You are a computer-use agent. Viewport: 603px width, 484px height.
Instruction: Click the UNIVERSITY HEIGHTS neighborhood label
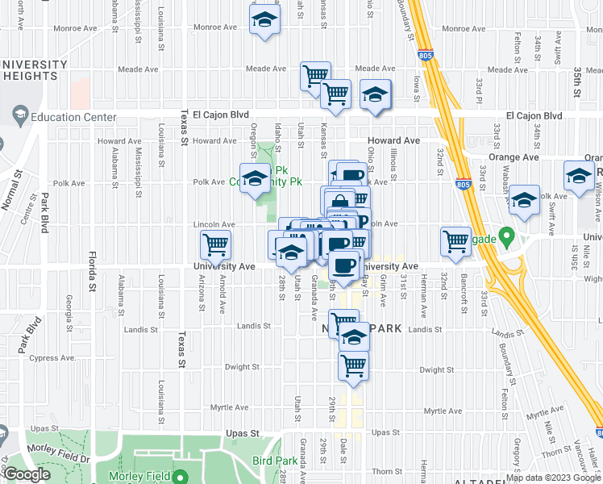coord(34,70)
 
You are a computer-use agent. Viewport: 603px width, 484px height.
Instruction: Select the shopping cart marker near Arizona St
coord(215,244)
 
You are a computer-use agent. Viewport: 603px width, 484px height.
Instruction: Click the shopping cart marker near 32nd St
coord(456,241)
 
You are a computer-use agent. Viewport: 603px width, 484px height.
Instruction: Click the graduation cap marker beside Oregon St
coord(256,178)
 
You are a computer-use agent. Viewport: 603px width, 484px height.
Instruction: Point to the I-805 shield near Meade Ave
coord(426,56)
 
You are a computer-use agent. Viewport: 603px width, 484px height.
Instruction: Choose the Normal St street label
coord(16,191)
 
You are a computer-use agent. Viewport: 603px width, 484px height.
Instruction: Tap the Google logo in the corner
coord(27,474)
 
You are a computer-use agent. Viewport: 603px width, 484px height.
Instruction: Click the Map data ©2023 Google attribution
coord(553,478)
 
